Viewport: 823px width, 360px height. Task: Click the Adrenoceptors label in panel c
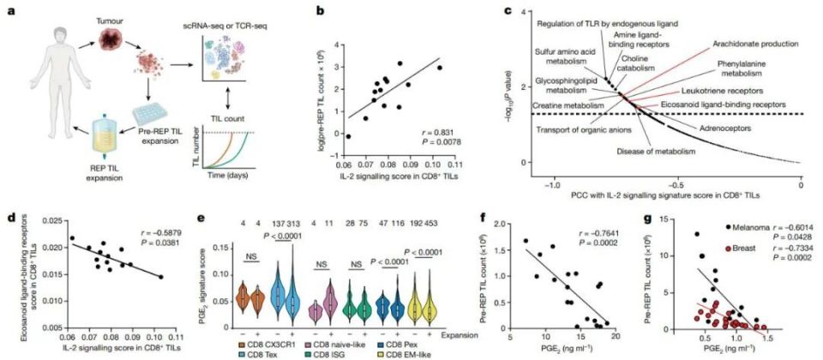[x=733, y=127]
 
